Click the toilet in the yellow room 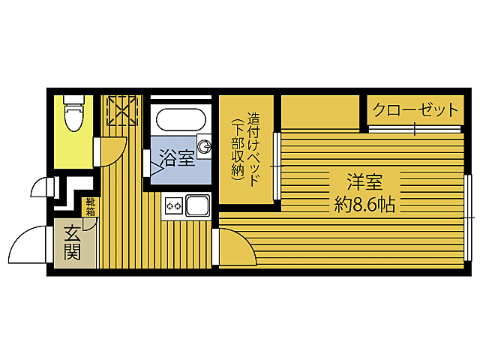click(73, 114)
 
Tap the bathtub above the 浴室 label click(179, 120)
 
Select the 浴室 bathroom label click(176, 158)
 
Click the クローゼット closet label click(415, 110)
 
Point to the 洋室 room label click(364, 181)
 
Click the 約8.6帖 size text click(364, 203)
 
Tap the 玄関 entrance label click(72, 242)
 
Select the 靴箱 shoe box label click(90, 206)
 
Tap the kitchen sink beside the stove click(198, 205)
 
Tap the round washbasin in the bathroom click(203, 145)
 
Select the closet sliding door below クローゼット click(415, 128)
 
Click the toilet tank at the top click(73, 100)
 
